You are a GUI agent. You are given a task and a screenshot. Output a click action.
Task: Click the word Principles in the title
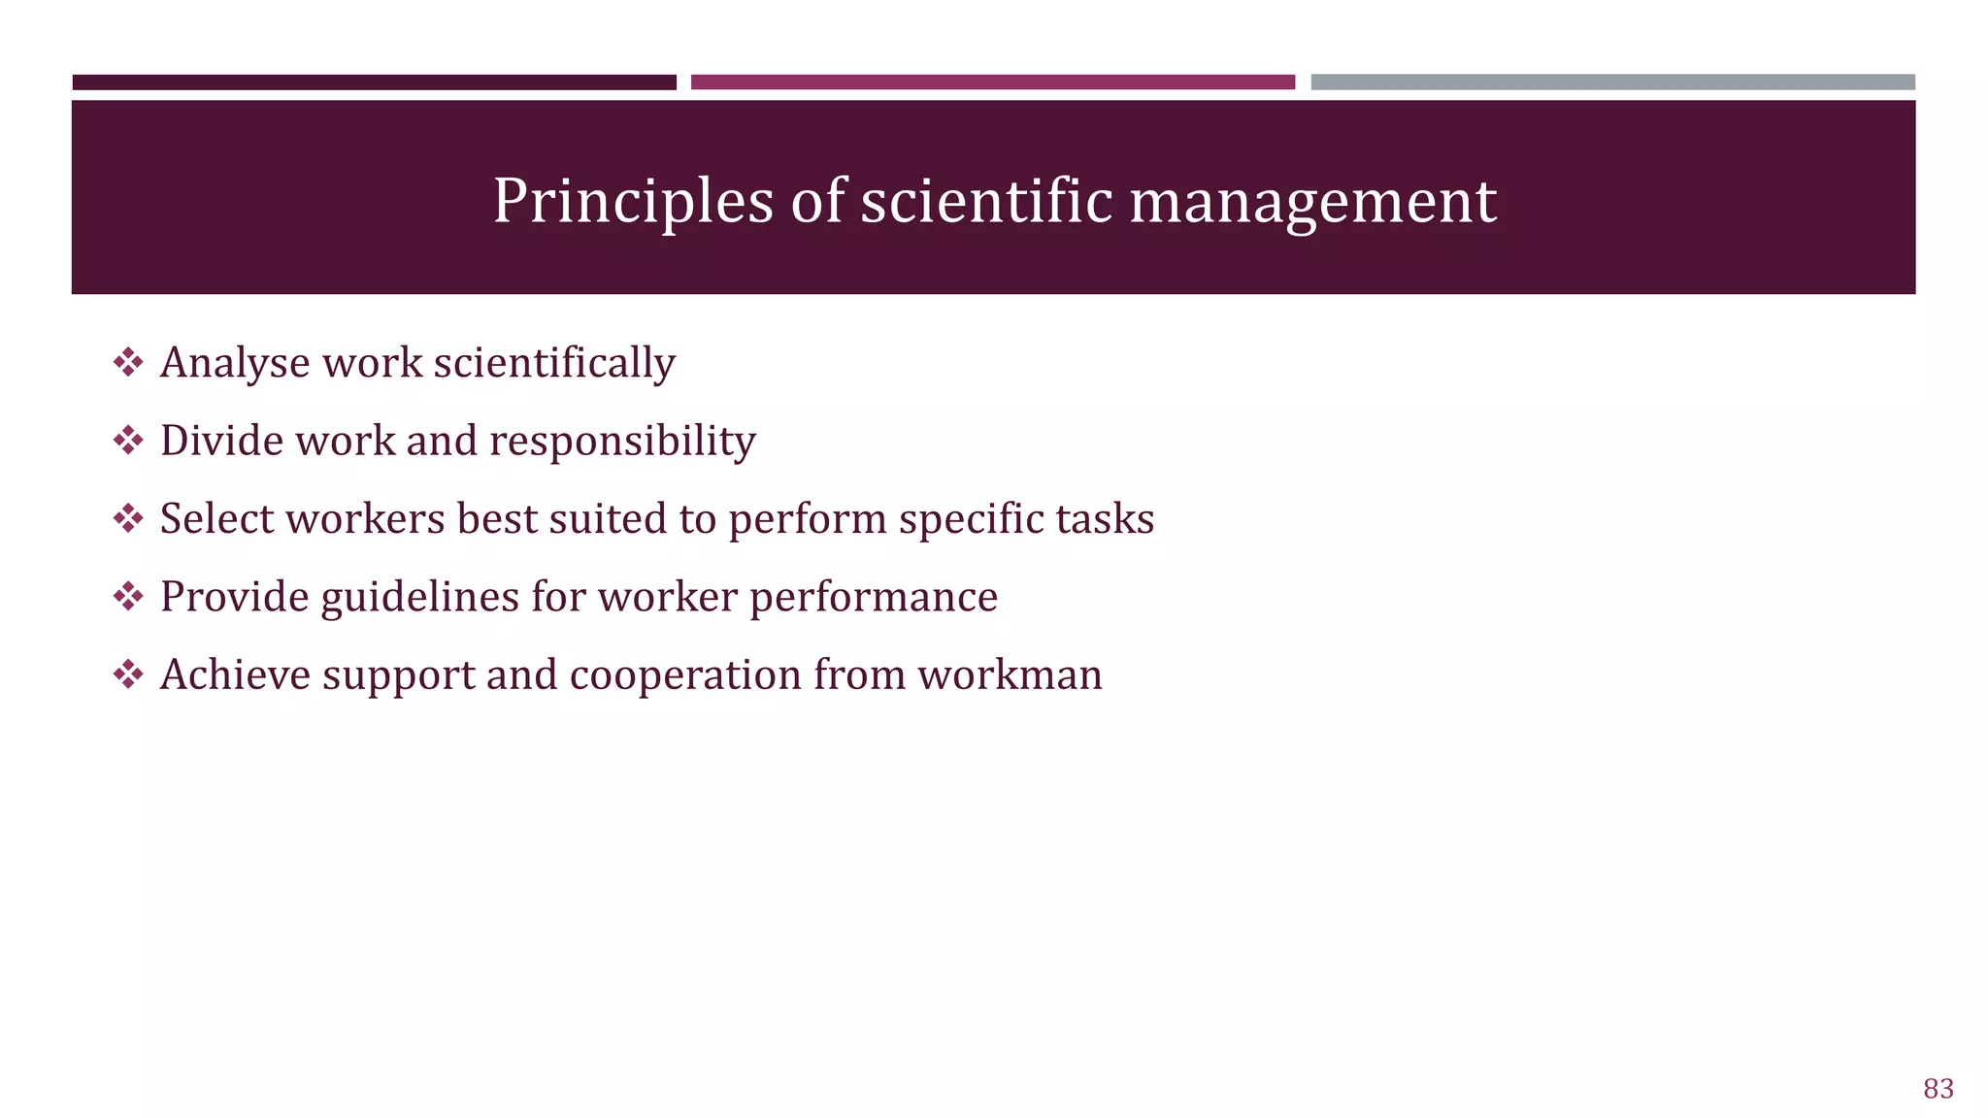pyautogui.click(x=633, y=202)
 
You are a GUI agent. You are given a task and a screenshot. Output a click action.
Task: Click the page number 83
pyautogui.click(x=1938, y=1089)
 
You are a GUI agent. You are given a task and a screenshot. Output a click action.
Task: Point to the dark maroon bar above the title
pyautogui.click(x=374, y=82)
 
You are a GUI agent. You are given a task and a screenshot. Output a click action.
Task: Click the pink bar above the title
pyautogui.click(x=992, y=82)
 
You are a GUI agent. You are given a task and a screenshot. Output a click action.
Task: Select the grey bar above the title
pyautogui.click(x=1612, y=82)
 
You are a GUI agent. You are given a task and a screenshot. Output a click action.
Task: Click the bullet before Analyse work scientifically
pyautogui.click(x=128, y=363)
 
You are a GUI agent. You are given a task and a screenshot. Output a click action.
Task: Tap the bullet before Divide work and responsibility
pyautogui.click(x=128, y=441)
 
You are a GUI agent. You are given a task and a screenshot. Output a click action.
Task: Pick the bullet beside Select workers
pyautogui.click(x=128, y=518)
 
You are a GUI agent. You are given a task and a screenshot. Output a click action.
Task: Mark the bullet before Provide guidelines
pyautogui.click(x=128, y=596)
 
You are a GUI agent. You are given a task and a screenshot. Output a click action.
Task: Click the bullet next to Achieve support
pyautogui.click(x=128, y=674)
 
